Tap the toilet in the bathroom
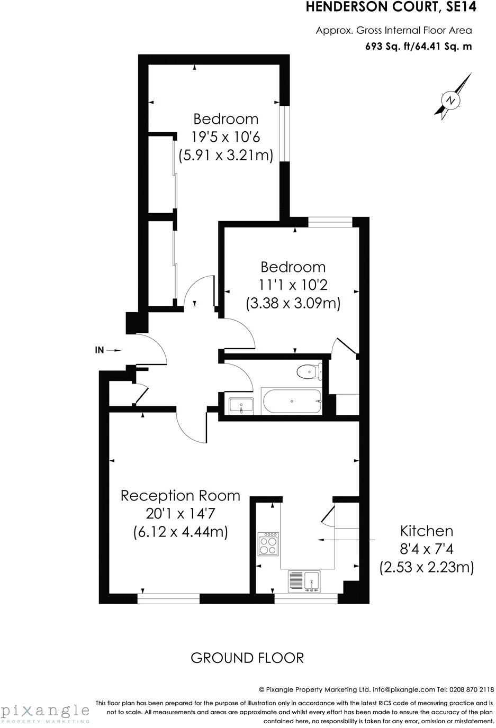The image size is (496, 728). [x=307, y=372]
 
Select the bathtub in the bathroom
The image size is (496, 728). [x=291, y=402]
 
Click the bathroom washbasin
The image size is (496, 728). [x=241, y=406]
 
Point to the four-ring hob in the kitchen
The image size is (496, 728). [x=268, y=543]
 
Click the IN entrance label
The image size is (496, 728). [x=99, y=350]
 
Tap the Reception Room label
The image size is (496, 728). [x=180, y=496]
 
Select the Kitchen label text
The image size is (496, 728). [x=426, y=531]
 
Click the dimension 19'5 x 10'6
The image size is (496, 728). [x=226, y=137]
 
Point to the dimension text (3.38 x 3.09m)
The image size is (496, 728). [x=293, y=304]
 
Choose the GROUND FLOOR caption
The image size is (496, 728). [x=247, y=658]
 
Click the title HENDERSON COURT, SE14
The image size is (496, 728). [x=391, y=7]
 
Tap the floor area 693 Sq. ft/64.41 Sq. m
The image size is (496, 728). [x=418, y=46]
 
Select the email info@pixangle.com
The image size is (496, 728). [x=403, y=689]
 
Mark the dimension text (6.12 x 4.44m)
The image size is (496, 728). [x=181, y=532]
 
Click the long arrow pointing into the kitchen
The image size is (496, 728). [x=347, y=540]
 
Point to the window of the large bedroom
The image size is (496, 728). [x=285, y=133]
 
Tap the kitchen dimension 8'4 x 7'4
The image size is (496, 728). [x=426, y=549]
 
